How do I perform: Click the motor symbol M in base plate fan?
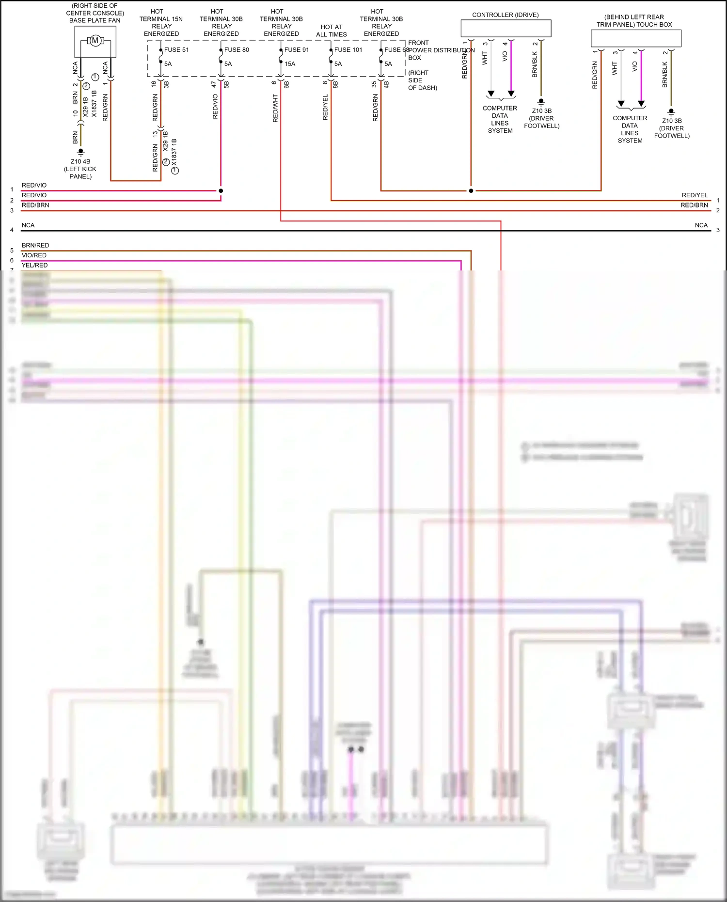(x=95, y=41)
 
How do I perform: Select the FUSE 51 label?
(x=176, y=50)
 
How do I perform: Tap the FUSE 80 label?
(x=237, y=50)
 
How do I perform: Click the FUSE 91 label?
(x=297, y=50)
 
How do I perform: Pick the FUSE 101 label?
(x=348, y=50)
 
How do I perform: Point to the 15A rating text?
(x=290, y=64)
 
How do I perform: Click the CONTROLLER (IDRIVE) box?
(x=506, y=29)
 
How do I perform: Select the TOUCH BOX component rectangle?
(x=636, y=38)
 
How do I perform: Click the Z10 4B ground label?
(x=80, y=162)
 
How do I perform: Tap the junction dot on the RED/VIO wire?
(x=221, y=191)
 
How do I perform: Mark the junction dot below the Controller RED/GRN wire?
(x=471, y=191)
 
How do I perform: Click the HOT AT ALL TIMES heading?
(x=332, y=31)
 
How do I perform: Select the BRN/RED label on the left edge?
(x=35, y=246)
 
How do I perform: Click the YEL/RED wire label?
(x=34, y=266)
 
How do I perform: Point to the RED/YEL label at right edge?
(x=695, y=195)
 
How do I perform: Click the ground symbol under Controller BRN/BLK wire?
(x=541, y=102)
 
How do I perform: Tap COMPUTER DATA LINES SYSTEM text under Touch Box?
(x=630, y=129)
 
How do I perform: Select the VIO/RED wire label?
(x=34, y=255)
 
